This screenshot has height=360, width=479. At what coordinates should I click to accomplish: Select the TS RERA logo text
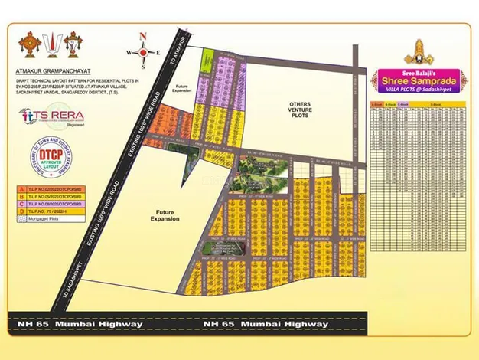coord(56,115)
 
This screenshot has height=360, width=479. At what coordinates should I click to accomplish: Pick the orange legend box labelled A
coord(21,188)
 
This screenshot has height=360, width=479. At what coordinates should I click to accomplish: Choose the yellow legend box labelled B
coord(21,195)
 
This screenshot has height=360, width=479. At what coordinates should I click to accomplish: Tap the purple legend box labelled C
coord(21,201)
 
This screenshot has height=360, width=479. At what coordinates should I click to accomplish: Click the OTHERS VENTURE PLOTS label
coord(299,110)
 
